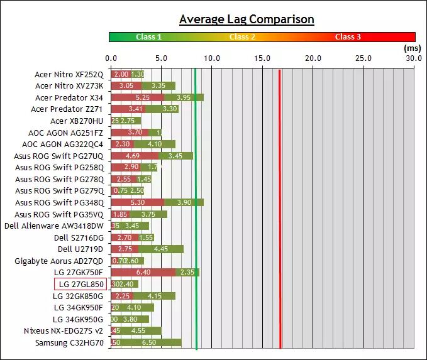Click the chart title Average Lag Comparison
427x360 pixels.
click(x=247, y=19)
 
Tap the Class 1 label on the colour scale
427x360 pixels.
click(x=148, y=37)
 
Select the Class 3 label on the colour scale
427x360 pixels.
click(x=348, y=37)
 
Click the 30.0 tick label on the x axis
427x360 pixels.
click(x=413, y=58)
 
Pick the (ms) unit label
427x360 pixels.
click(x=411, y=47)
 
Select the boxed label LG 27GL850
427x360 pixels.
click(x=80, y=284)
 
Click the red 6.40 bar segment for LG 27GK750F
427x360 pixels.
click(x=143, y=272)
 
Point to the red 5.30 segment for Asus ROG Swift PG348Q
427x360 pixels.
click(x=138, y=202)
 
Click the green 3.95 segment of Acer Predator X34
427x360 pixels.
click(x=184, y=97)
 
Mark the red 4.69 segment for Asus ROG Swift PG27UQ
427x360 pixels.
click(x=135, y=156)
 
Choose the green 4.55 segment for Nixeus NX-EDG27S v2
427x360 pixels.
click(x=138, y=330)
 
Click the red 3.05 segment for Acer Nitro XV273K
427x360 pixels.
click(x=126, y=85)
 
